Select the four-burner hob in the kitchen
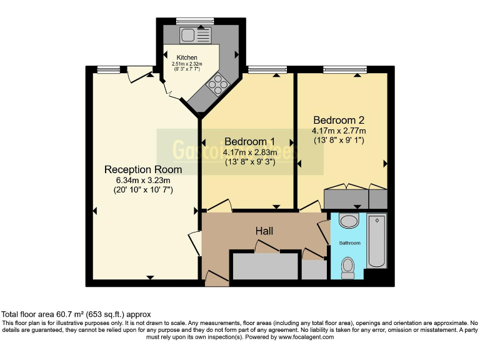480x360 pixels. click(x=219, y=83)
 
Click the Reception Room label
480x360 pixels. click(x=143, y=169)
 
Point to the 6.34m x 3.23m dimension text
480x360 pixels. click(x=143, y=181)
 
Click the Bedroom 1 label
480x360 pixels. click(x=249, y=141)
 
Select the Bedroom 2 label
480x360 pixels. click(x=339, y=120)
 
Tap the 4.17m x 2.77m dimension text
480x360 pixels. click(x=339, y=131)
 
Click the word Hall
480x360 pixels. click(x=264, y=231)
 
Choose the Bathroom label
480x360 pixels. click(x=349, y=242)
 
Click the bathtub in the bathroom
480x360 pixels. click(x=377, y=241)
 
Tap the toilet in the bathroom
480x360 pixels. click(x=348, y=267)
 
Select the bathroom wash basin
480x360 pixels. click(x=348, y=221)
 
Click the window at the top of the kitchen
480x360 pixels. click(x=186, y=21)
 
